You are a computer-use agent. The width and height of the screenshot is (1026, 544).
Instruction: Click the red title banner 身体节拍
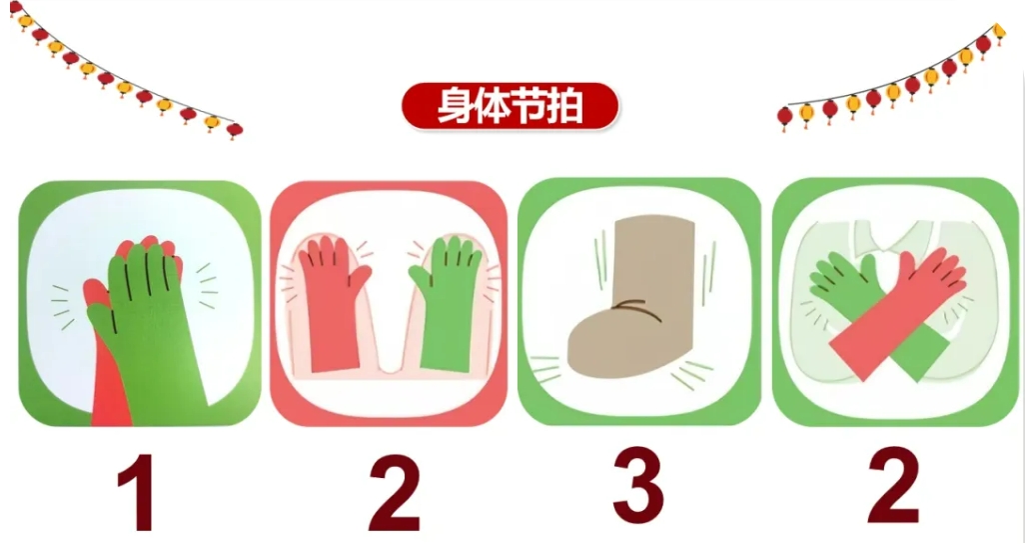510,106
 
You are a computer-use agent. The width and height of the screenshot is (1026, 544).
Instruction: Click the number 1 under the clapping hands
138,492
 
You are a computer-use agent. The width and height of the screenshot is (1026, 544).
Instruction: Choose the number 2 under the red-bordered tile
394,492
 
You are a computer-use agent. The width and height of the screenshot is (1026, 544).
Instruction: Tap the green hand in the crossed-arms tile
841,278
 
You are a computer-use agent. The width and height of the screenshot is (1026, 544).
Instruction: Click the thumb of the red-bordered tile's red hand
361,275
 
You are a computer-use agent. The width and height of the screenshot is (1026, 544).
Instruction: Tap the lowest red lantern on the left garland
234,130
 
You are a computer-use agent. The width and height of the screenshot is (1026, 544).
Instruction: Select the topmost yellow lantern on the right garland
998,31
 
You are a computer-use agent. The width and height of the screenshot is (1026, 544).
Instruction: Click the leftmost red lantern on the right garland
785,117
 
